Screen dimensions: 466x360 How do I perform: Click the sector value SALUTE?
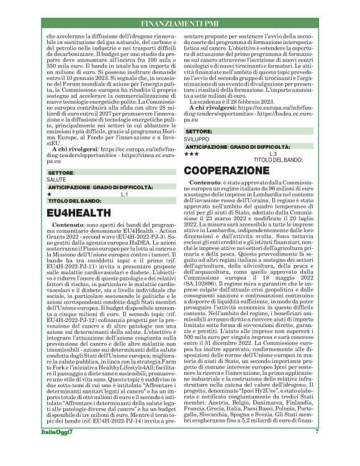tap(56, 179)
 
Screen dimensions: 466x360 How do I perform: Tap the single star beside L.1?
tap(49, 194)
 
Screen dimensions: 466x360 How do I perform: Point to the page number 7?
tap(317, 449)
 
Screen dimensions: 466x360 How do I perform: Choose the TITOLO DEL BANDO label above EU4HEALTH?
tap(73, 201)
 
